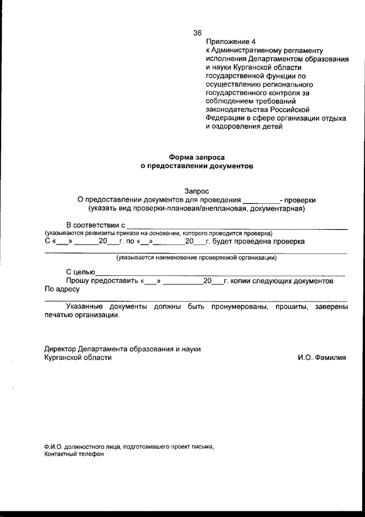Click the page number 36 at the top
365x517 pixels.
click(198, 33)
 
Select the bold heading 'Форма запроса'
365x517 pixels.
click(197, 157)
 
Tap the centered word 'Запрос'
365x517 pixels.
click(197, 191)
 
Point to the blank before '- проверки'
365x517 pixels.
click(261, 201)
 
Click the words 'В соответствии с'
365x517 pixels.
click(95, 226)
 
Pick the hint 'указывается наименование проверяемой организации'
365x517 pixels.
click(197, 258)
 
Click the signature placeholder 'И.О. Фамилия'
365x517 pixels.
click(322, 358)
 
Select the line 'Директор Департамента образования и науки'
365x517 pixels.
click(123, 349)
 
